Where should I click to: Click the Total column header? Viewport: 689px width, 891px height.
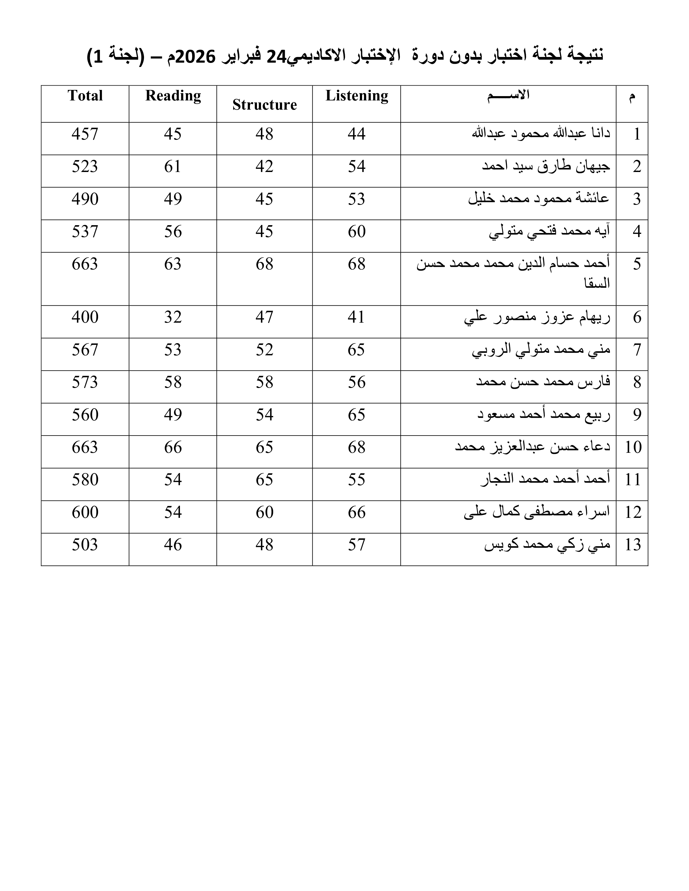tap(85, 96)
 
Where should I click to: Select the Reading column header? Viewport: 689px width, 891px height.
tap(173, 96)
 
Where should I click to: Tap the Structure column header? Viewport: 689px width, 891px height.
tap(265, 105)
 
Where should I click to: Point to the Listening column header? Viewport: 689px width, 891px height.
tap(357, 96)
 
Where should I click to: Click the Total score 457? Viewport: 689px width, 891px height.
tap(85, 134)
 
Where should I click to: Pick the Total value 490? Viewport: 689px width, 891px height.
tap(85, 199)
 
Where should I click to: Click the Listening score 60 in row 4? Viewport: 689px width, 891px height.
tap(357, 232)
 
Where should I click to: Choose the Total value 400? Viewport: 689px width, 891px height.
tap(85, 317)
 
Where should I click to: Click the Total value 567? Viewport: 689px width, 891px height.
tap(85, 350)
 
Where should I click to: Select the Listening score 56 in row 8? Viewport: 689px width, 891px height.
tap(357, 382)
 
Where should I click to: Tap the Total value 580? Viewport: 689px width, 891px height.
tap(85, 479)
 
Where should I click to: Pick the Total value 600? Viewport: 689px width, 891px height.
tap(85, 512)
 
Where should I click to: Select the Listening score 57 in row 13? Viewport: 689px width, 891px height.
tap(357, 545)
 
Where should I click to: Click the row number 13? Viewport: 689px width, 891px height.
tap(633, 545)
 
